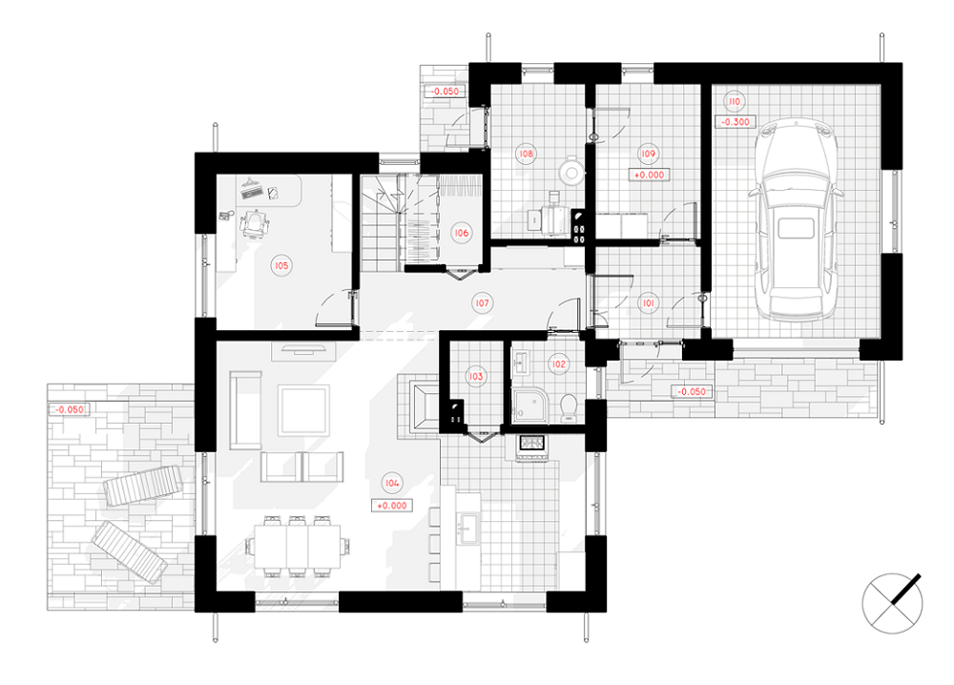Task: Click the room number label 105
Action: point(281,265)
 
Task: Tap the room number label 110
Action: point(735,101)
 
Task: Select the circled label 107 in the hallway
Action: point(482,302)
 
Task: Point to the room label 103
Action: point(476,376)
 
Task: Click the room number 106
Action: point(461,233)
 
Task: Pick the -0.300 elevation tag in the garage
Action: point(736,122)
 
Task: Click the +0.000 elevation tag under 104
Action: point(392,505)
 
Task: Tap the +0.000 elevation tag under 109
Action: point(649,175)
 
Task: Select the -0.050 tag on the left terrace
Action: point(70,409)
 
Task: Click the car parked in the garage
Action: point(796,219)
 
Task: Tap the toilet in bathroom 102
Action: point(569,407)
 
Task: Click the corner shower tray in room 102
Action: point(529,405)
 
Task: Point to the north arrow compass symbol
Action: point(893,602)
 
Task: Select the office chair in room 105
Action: point(256,224)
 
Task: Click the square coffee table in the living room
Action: point(303,409)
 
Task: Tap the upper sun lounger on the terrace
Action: point(143,486)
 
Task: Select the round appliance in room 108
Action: point(570,172)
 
